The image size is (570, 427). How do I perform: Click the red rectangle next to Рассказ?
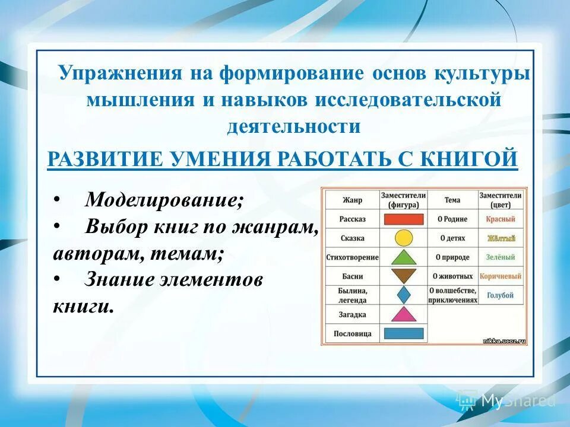[404, 219]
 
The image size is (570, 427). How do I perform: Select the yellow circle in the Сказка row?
[404, 238]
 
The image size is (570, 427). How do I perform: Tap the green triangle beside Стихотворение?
[404, 257]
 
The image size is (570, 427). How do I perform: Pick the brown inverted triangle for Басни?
[404, 276]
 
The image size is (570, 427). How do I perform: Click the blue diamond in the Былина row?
[404, 295]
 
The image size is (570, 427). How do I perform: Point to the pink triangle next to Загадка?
[404, 314]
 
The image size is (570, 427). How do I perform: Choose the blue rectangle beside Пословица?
[404, 333]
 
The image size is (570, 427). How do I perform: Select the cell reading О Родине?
[452, 219]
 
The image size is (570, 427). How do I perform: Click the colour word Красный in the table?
[501, 219]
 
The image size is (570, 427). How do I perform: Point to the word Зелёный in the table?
[501, 257]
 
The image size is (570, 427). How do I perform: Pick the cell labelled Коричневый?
[501, 276]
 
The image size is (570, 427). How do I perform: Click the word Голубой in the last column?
[501, 295]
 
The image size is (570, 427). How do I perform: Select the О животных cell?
[452, 276]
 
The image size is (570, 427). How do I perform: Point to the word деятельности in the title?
[293, 126]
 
